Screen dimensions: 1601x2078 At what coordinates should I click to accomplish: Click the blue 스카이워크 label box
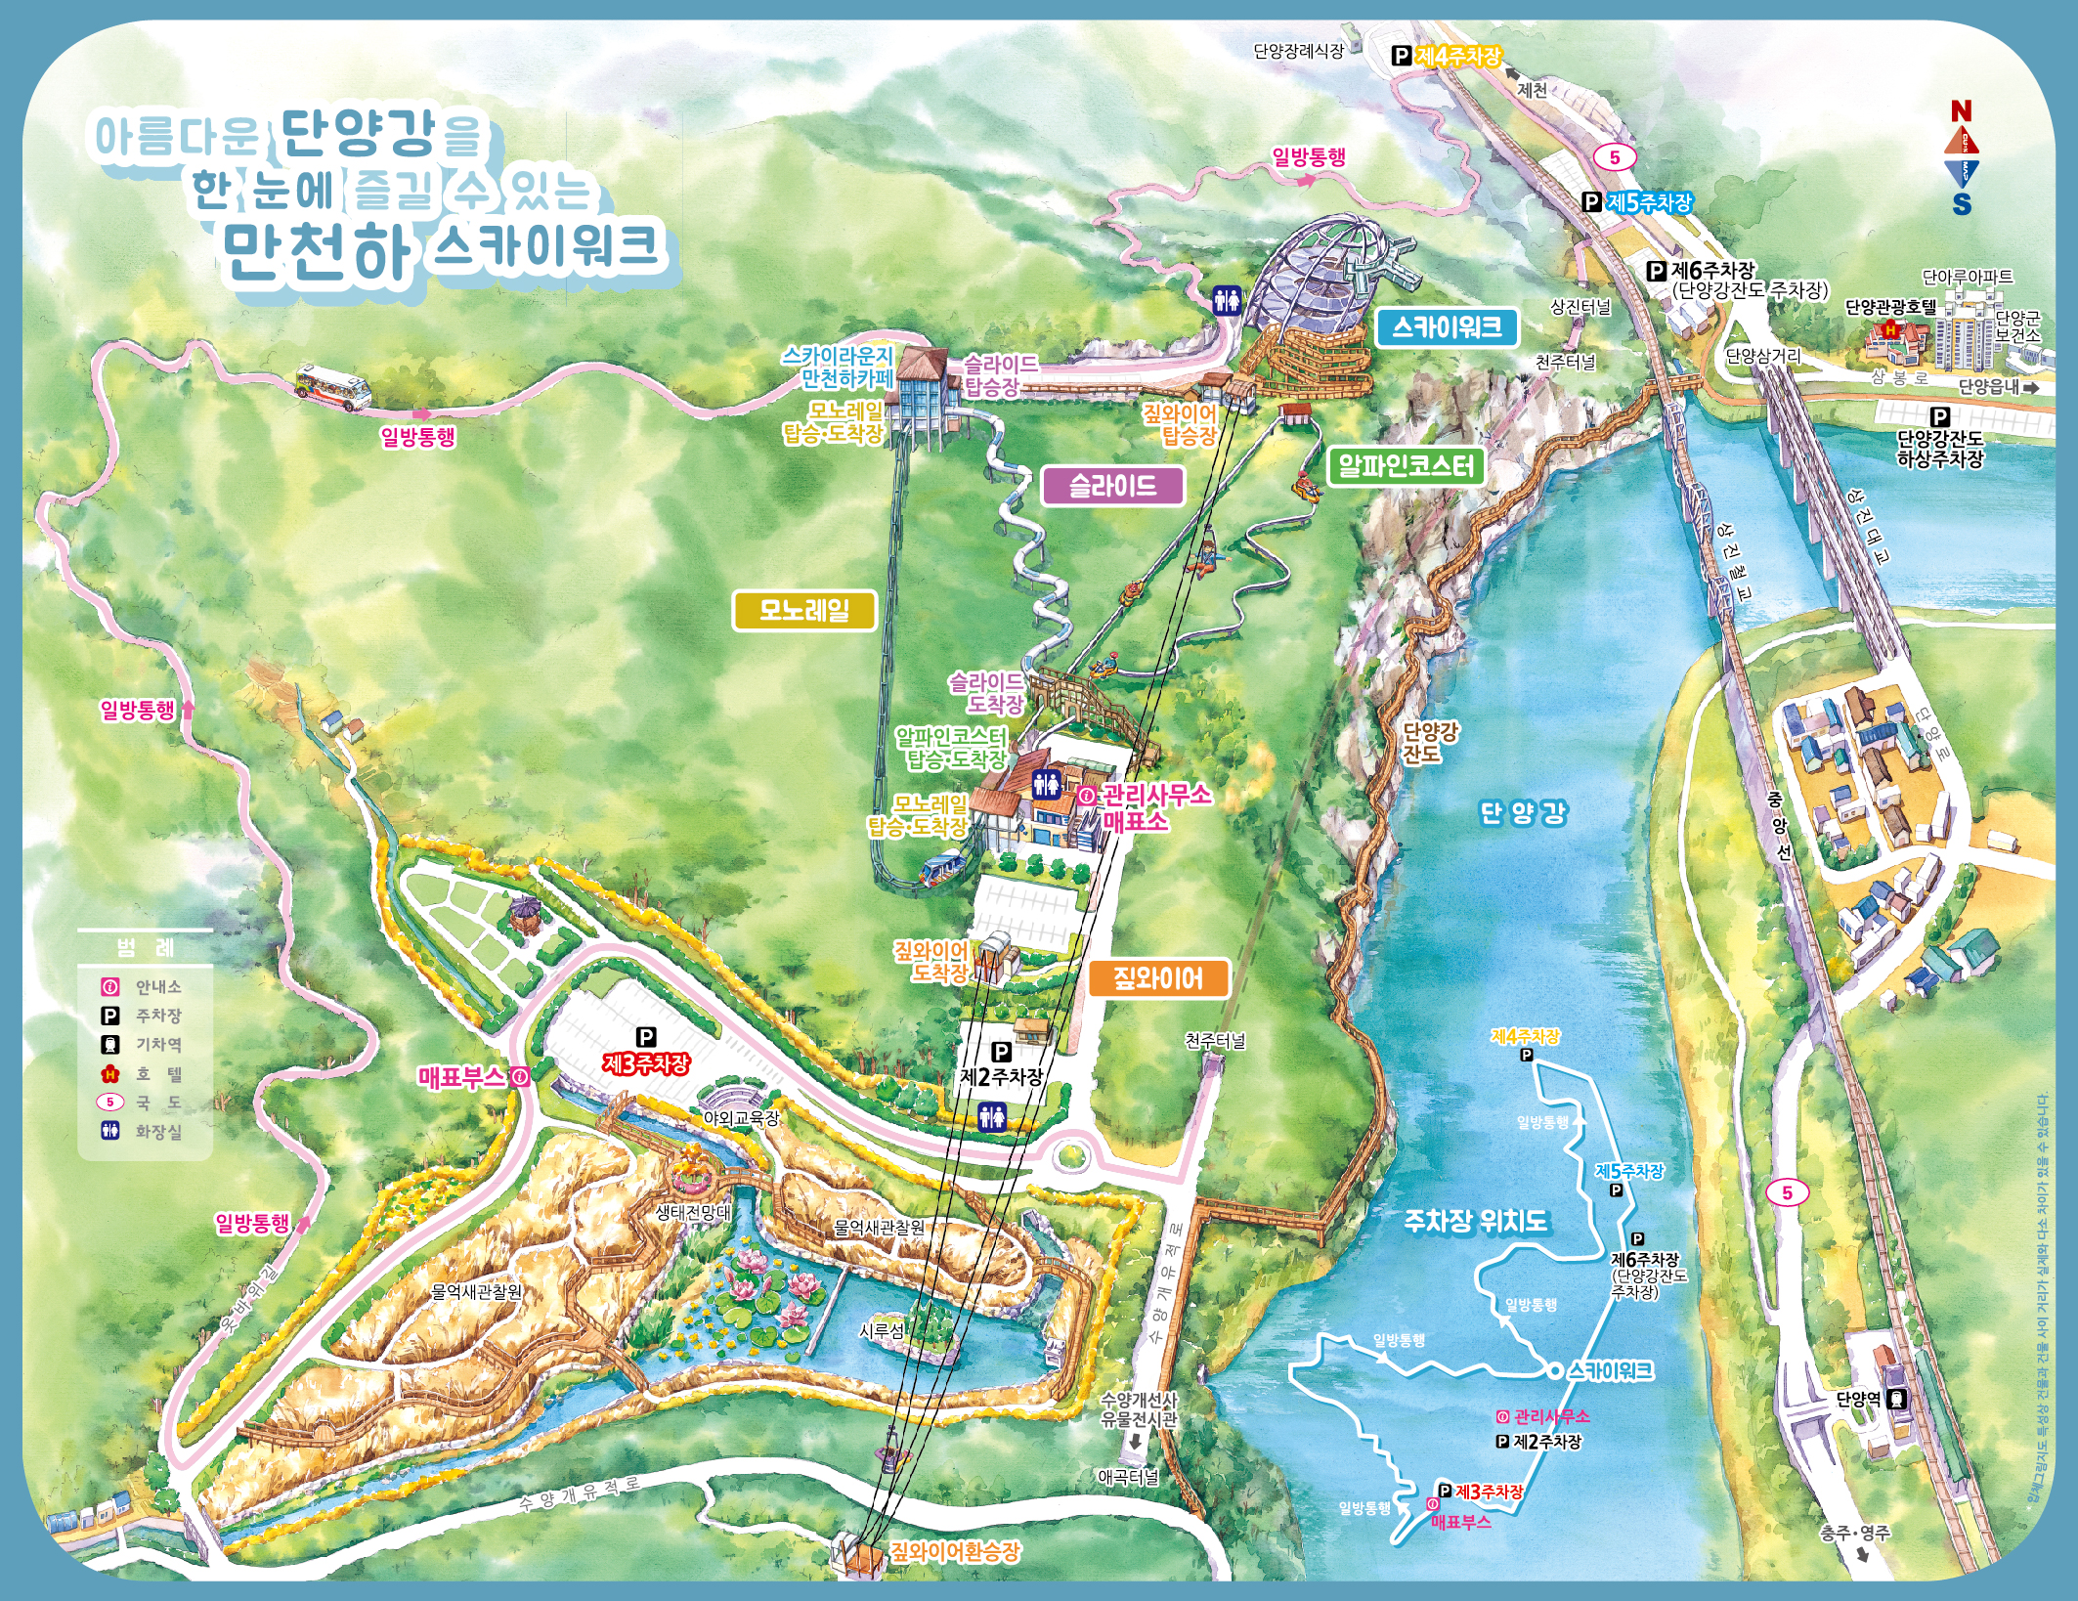[x=1447, y=326]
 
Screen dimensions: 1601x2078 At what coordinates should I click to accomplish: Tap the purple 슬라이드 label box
[x=1112, y=486]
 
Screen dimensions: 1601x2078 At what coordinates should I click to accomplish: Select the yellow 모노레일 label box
[x=804, y=611]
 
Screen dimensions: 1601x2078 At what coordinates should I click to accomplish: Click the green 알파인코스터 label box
[x=1406, y=466]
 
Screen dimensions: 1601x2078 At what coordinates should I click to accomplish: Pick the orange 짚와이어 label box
[x=1158, y=977]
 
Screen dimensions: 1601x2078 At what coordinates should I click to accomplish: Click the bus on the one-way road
[x=333, y=386]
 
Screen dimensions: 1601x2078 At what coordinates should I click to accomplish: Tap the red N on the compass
[x=1961, y=111]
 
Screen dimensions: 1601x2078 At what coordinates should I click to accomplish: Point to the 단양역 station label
[x=1858, y=1399]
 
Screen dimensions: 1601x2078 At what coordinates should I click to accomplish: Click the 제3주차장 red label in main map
[x=646, y=1062]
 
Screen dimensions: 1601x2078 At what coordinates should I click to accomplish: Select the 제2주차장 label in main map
[x=1002, y=1076]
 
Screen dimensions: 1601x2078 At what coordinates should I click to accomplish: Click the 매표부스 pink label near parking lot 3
[x=461, y=1077]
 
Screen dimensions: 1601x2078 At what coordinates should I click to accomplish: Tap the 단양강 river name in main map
[x=1523, y=812]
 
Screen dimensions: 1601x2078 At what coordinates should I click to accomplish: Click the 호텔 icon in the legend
[x=110, y=1074]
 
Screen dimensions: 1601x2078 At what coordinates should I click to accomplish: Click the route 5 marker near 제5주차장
[x=1614, y=156]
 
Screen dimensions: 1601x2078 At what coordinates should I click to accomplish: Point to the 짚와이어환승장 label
[x=954, y=1551]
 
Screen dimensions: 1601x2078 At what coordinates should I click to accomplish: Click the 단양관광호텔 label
[x=1890, y=307]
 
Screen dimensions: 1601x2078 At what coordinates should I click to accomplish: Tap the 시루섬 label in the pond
[x=882, y=1330]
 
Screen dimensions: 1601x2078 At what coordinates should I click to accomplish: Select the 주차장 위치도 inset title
[x=1476, y=1221]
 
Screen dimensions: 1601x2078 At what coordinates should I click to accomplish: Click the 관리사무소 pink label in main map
[x=1156, y=795]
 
